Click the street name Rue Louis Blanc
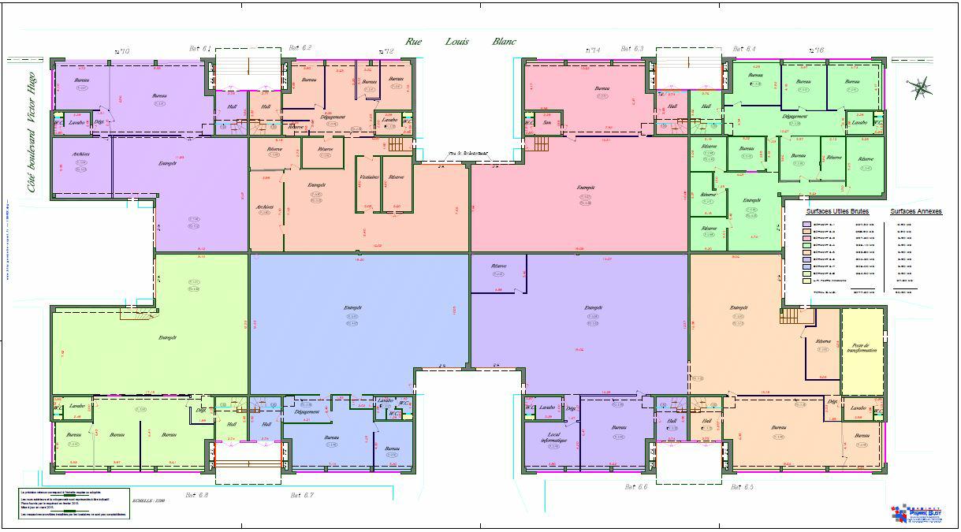tap(460, 41)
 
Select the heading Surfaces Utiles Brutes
tap(837, 212)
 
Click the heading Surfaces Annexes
tap(916, 212)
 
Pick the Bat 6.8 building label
tap(197, 495)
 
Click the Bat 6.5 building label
tap(743, 487)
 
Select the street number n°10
tap(121, 51)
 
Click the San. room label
tap(546, 122)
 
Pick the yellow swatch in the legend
tap(806, 280)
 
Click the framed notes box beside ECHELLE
tap(74, 502)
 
